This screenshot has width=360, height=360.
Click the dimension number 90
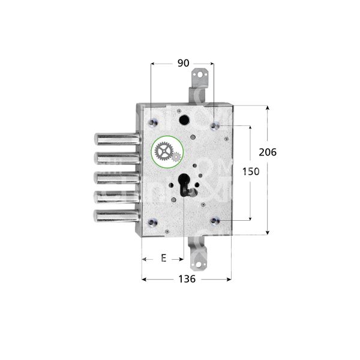(x=182, y=62)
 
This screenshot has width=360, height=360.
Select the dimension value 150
(x=251, y=172)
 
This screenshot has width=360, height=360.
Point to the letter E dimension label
(x=163, y=259)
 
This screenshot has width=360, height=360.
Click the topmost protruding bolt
(x=113, y=139)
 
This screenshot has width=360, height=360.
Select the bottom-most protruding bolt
(x=113, y=215)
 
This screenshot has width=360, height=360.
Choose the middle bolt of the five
(x=113, y=178)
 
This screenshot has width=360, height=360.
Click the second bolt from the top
(x=113, y=158)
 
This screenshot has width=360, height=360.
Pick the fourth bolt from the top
(x=113, y=196)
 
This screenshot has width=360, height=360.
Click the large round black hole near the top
(x=183, y=119)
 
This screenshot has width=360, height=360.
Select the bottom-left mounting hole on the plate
(x=152, y=221)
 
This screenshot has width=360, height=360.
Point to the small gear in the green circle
(x=176, y=157)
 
